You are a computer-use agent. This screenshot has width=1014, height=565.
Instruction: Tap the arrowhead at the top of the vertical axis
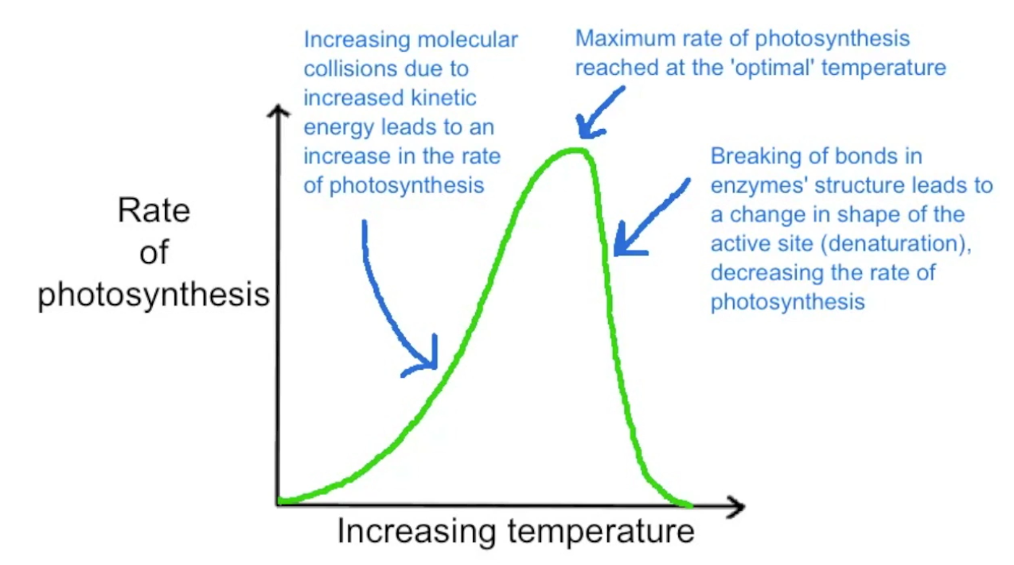pyautogui.click(x=278, y=111)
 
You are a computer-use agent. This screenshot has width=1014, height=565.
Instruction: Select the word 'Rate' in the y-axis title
pyautogui.click(x=154, y=211)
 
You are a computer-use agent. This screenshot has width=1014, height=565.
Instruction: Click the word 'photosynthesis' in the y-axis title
pyautogui.click(x=154, y=295)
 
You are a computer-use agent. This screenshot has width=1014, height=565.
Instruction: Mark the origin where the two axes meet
pyautogui.click(x=278, y=503)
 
